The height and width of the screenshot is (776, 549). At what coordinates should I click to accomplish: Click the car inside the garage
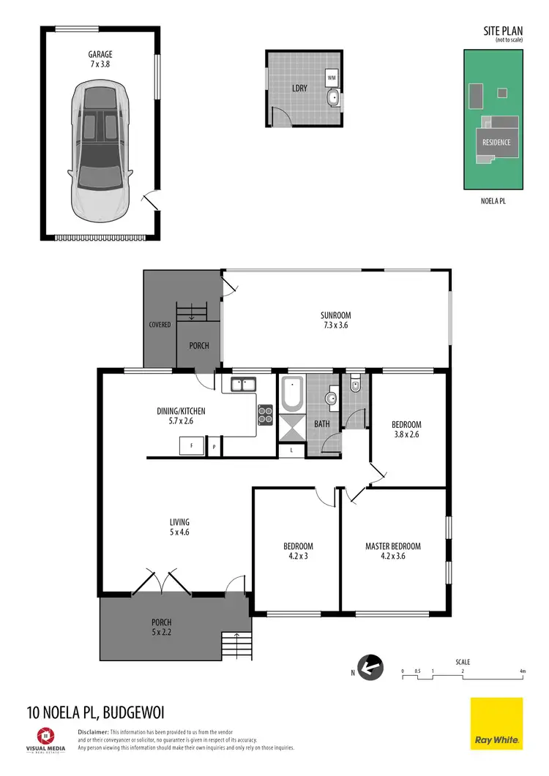tap(101, 151)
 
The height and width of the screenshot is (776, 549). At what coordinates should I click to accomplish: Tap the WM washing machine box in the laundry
tap(332, 77)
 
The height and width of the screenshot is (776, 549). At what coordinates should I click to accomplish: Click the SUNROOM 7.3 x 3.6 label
tap(334, 320)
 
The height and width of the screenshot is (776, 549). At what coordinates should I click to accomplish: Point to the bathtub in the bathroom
tap(291, 394)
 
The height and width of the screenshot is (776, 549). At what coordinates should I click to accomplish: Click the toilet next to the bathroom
tap(356, 383)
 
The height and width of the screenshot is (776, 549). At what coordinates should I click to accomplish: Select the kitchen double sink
tap(242, 383)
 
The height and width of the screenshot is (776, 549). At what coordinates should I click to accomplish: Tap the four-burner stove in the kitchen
tap(265, 415)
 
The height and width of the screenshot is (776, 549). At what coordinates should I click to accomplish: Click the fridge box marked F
tap(192, 446)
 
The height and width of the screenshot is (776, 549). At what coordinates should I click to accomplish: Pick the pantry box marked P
tap(214, 446)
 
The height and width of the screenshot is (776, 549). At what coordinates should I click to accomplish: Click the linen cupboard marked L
tap(291, 451)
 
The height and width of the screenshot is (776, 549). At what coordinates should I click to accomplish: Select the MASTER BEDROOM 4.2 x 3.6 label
tap(393, 551)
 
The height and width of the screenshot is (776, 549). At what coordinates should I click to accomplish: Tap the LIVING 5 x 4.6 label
tap(179, 527)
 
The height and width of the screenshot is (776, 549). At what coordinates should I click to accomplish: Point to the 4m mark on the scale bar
tap(521, 671)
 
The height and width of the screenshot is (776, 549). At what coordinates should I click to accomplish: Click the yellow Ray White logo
tap(496, 723)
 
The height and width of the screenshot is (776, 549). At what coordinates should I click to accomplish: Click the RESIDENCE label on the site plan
tap(495, 142)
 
